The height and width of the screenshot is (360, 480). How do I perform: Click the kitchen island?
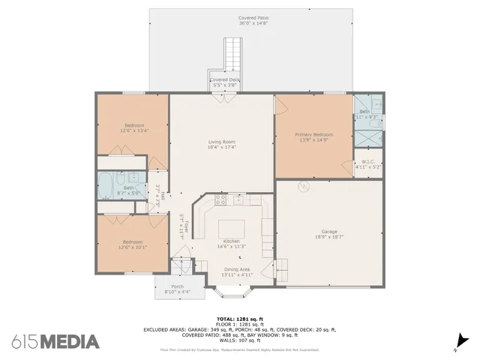click(231, 228)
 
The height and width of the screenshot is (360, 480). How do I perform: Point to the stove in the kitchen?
click(221, 200)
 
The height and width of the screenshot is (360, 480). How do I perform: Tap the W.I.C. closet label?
click(368, 164)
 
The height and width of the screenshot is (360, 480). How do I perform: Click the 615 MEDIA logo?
click(55, 341)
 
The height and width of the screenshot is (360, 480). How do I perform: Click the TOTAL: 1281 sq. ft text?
click(240, 319)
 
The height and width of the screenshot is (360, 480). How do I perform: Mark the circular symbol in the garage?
click(304, 187)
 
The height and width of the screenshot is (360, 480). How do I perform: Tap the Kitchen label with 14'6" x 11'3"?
click(231, 244)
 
